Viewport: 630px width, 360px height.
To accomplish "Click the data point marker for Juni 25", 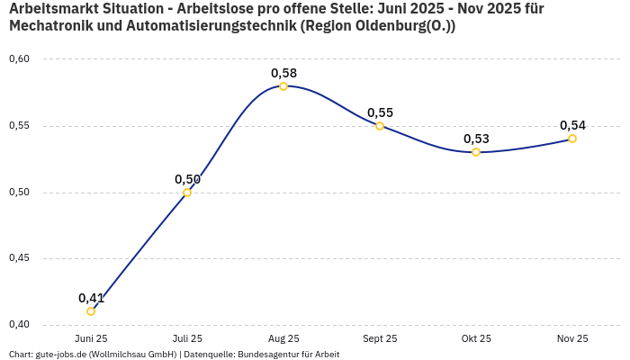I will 91,311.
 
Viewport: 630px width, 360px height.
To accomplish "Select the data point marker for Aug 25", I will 283,86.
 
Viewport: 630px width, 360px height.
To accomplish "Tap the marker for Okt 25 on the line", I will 476,152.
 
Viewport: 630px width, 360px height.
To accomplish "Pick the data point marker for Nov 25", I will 572,139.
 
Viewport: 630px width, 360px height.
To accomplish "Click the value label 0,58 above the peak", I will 283,73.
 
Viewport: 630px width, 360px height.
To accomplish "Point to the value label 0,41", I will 91,298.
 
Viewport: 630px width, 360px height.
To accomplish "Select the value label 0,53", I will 476,139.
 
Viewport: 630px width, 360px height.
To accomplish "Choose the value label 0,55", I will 380,112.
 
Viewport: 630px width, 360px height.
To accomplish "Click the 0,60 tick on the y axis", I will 19,59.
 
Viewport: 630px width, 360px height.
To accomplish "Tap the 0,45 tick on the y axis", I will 19,258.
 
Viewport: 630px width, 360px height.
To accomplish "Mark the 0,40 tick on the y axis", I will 19,324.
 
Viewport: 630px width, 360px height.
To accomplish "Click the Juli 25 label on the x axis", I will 187,338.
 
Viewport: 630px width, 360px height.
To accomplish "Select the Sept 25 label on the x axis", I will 380,338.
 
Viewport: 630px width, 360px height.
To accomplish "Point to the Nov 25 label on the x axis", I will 572,338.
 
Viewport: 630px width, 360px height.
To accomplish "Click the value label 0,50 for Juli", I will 187,179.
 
